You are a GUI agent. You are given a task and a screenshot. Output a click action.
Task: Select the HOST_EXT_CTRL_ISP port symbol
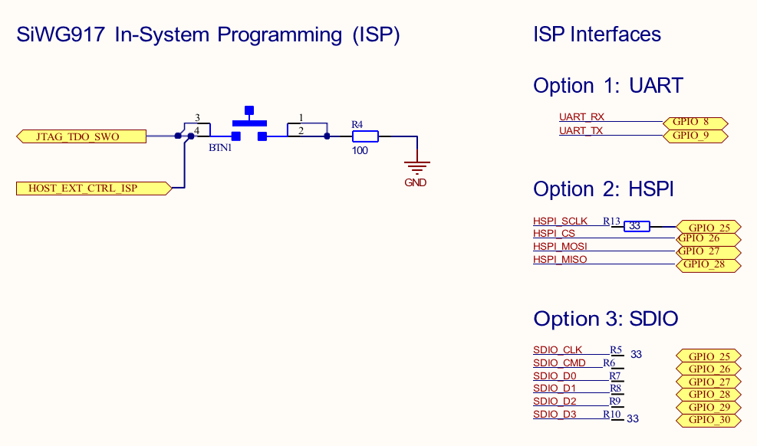[93, 188]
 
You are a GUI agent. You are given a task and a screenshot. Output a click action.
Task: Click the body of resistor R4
[365, 136]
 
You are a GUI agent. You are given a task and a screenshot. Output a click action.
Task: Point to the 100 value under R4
[360, 151]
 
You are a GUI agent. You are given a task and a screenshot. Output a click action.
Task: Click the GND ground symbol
[416, 166]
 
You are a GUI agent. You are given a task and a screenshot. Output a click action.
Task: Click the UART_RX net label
[581, 117]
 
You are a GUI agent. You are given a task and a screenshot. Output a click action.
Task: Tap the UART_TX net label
[581, 130]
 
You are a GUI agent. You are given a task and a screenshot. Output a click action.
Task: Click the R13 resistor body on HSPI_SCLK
[636, 227]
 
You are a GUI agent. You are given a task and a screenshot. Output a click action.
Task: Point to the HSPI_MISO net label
[560, 260]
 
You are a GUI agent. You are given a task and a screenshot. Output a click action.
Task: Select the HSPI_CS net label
[554, 234]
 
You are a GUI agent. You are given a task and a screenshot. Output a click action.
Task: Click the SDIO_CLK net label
[558, 350]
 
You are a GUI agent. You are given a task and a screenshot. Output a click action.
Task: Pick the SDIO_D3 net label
[555, 415]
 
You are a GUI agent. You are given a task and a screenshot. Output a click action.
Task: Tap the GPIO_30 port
[709, 420]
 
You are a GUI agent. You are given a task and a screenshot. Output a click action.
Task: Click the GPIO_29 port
[709, 407]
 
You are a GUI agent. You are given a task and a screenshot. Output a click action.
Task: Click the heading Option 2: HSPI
[603, 189]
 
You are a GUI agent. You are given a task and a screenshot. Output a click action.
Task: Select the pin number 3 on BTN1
[197, 118]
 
